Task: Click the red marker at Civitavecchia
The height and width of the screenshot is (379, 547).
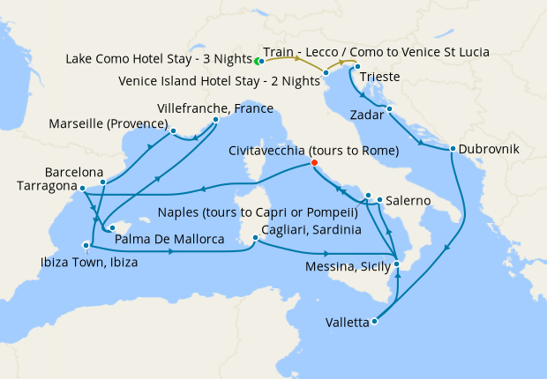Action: tap(315, 163)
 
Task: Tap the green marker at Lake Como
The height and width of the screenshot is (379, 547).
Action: tap(257, 62)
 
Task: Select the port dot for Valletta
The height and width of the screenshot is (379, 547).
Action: tap(375, 322)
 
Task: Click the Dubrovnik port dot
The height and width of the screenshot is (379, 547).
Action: tap(452, 148)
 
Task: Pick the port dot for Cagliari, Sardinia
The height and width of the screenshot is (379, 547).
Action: tap(255, 238)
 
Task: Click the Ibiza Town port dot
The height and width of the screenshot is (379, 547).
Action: tap(86, 245)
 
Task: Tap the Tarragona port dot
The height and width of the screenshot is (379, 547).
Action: tap(82, 188)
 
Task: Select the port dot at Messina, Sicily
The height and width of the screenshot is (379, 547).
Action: tap(397, 264)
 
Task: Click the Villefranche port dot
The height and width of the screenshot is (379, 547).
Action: tap(216, 120)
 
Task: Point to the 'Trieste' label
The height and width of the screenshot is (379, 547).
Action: tap(381, 78)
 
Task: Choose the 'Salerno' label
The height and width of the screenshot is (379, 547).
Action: tap(407, 202)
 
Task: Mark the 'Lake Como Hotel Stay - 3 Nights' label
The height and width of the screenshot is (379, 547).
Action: tap(158, 59)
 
